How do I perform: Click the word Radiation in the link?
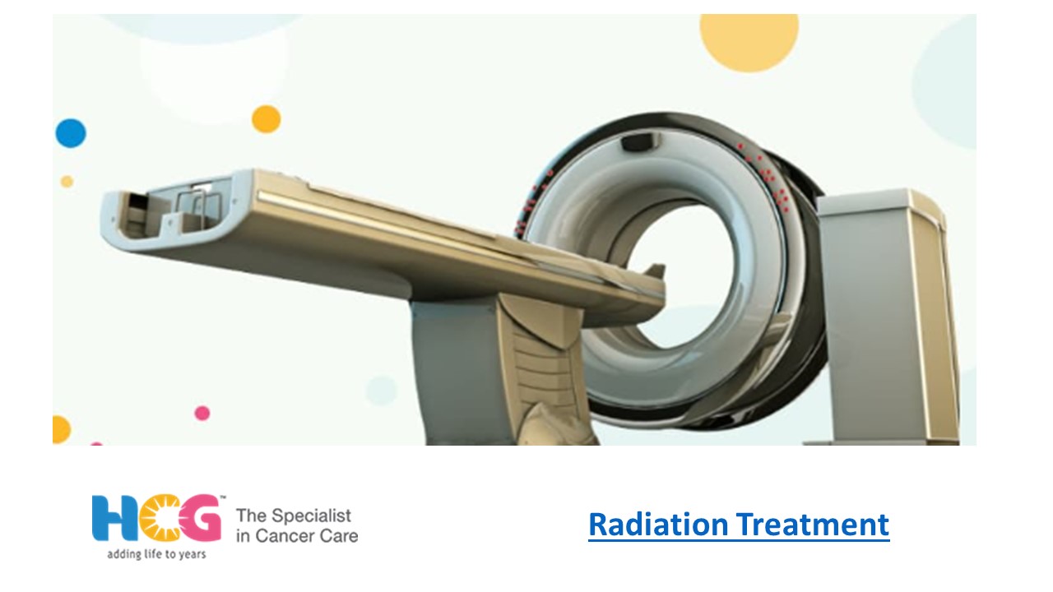[x=658, y=525]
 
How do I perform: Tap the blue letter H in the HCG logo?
[x=109, y=519]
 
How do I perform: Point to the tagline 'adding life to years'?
[x=156, y=554]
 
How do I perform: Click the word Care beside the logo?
[x=341, y=537]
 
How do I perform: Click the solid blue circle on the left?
[x=71, y=133]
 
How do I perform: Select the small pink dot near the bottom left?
[x=202, y=413]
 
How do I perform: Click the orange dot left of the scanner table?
[x=266, y=119]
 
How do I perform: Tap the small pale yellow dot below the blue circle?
[x=67, y=182]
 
